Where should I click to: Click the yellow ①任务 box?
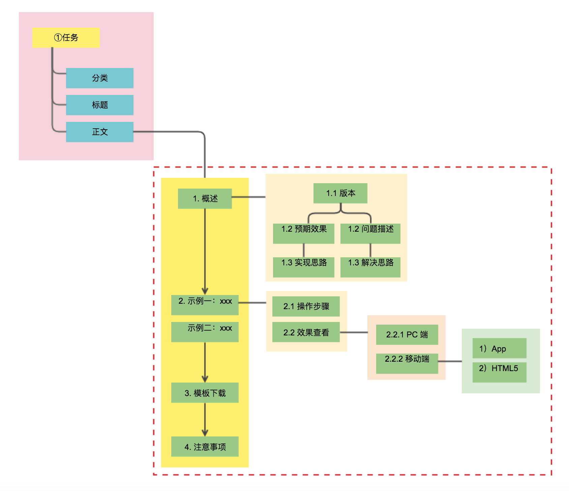tap(66, 37)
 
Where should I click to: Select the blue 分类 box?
tap(100, 78)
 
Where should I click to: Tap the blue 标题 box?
tap(100, 105)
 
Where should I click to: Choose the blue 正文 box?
tap(100, 132)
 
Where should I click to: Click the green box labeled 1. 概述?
tap(205, 198)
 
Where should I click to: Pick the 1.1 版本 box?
tap(340, 193)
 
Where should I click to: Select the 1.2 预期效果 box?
tap(303, 233)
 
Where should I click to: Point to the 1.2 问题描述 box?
tap(370, 233)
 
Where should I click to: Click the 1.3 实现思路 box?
tap(303, 267)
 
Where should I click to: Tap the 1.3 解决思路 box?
tap(370, 267)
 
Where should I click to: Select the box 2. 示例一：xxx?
tap(205, 305)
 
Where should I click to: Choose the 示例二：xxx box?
tap(205, 332)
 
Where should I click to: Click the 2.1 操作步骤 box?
tap(306, 306)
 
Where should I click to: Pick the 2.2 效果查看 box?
tap(306, 332)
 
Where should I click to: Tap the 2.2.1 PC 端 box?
tap(407, 334)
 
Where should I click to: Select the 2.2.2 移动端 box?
tap(407, 363)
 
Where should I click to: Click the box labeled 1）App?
tap(499, 348)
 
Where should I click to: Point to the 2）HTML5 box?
tap(499, 372)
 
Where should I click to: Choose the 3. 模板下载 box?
tap(205, 393)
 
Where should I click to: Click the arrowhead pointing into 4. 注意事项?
tap(205, 433)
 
